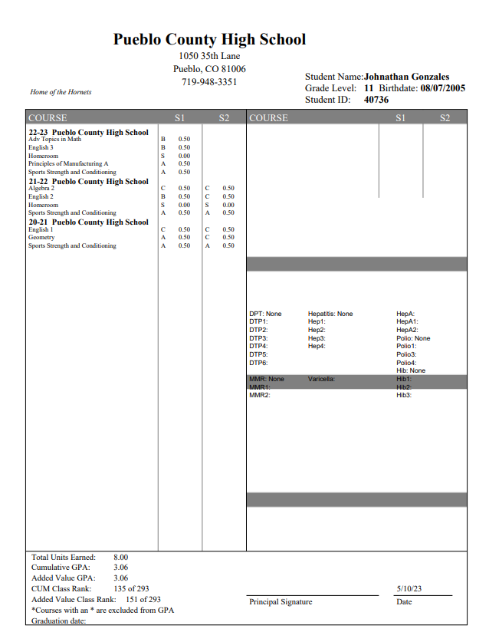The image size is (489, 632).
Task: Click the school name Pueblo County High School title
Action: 209,40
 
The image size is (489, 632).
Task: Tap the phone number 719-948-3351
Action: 209,82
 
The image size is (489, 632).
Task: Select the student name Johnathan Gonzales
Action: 406,77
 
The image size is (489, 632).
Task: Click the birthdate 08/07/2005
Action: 442,88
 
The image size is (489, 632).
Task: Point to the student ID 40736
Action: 376,100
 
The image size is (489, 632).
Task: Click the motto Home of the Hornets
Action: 61,92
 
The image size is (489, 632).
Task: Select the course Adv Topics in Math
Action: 54,139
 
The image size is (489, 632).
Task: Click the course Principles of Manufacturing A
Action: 68,163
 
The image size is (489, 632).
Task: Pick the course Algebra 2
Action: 41,188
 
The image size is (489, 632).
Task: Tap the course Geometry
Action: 41,238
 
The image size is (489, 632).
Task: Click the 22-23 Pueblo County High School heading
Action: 88,132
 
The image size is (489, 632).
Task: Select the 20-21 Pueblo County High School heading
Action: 88,222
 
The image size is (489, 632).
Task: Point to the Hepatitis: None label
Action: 330,314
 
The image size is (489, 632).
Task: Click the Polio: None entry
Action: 413,338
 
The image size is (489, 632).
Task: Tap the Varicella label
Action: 322,379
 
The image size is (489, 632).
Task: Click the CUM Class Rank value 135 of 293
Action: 131,588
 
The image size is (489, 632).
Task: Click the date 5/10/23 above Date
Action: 409,589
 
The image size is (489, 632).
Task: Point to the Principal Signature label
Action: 281,602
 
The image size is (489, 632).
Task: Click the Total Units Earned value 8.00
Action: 120,557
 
